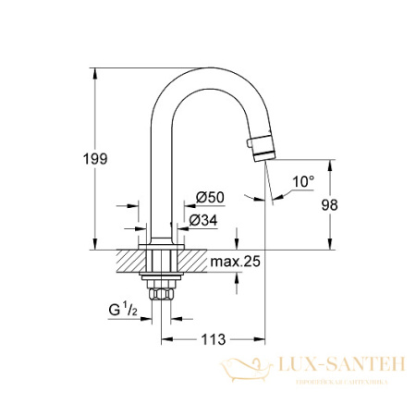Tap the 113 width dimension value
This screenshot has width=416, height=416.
pyautogui.click(x=214, y=339)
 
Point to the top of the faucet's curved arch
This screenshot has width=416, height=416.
pyautogui.click(x=205, y=71)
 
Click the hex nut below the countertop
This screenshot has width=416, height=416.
pyautogui.click(x=162, y=294)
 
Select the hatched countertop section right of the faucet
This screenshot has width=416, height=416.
pyautogui.click(x=194, y=261)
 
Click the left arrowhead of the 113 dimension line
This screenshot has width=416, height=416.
pyautogui.click(x=167, y=339)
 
